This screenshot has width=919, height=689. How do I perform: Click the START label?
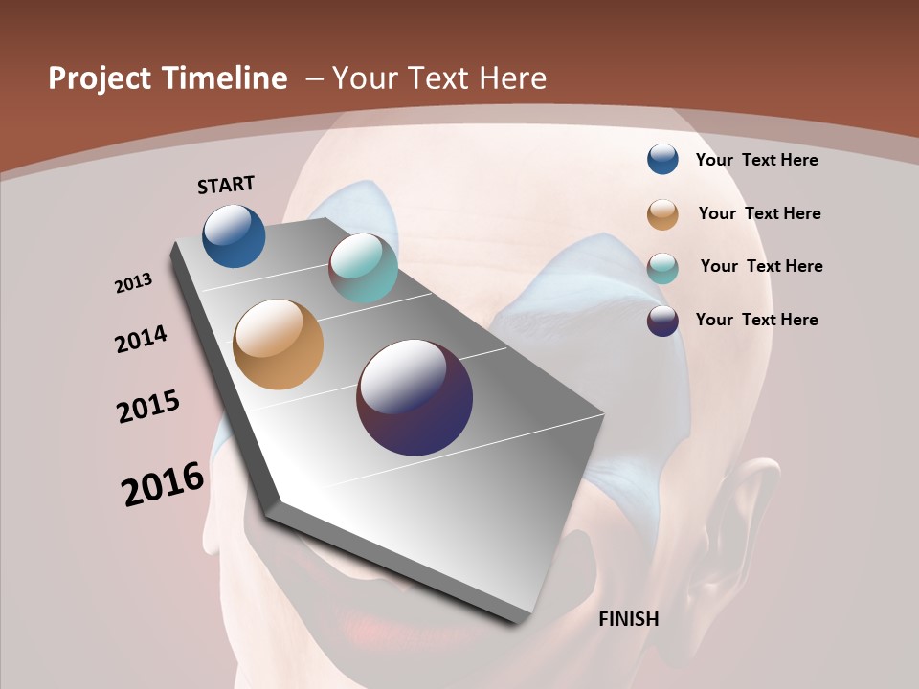[x=226, y=185]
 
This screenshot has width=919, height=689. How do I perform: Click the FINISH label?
[x=629, y=619]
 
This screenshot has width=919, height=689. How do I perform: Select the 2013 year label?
[x=134, y=283]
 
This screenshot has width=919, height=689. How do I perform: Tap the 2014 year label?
[x=142, y=339]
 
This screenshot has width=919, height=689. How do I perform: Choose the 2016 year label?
[x=163, y=484]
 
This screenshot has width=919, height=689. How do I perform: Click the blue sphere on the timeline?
[x=234, y=235]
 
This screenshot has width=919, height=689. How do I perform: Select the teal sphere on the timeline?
[x=363, y=268]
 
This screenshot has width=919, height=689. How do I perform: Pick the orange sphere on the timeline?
[x=279, y=344]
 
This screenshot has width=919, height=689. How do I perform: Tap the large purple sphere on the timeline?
[x=415, y=397]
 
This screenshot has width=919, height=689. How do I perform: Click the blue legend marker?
[x=662, y=159]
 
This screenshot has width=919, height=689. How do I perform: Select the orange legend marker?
[x=662, y=214]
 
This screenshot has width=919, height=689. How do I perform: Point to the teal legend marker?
[x=662, y=268]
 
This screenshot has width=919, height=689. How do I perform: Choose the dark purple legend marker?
[x=662, y=321]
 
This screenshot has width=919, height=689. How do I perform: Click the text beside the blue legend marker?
[x=757, y=160]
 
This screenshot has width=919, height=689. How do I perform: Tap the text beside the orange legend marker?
[x=760, y=213]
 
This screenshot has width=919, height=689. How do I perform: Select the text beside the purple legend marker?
[x=757, y=320]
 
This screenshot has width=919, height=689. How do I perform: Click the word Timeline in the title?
[x=224, y=78]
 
